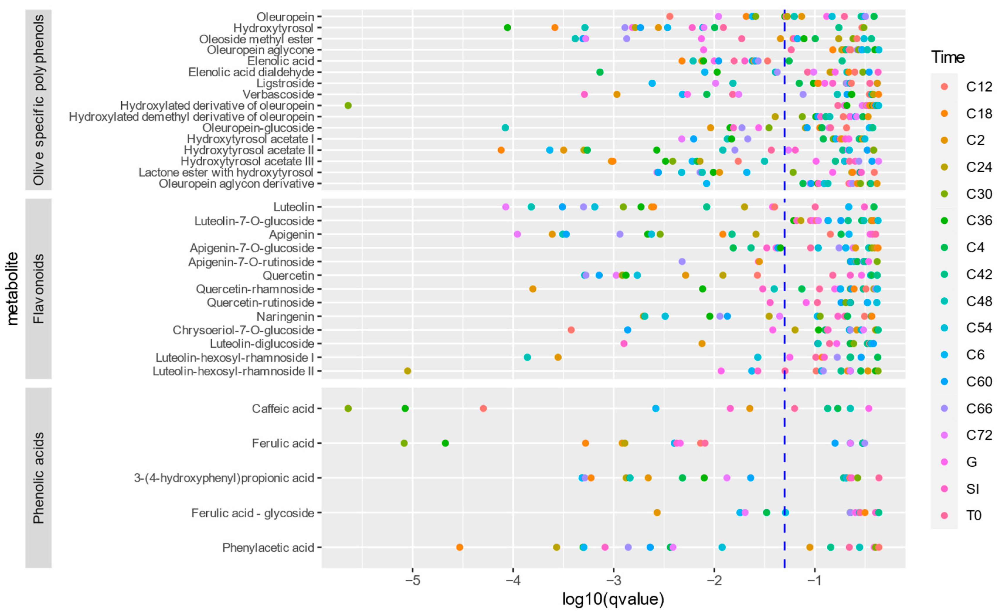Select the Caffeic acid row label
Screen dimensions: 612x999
(283, 409)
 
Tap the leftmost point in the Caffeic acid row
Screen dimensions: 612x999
(348, 409)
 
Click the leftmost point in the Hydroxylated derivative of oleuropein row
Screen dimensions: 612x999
(348, 106)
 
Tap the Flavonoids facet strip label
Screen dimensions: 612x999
(38, 289)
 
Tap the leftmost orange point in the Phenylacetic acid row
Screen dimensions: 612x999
(459, 548)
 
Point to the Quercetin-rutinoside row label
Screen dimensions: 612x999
(260, 303)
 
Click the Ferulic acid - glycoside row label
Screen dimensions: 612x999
(253, 513)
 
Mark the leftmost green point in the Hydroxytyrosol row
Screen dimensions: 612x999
(507, 28)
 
